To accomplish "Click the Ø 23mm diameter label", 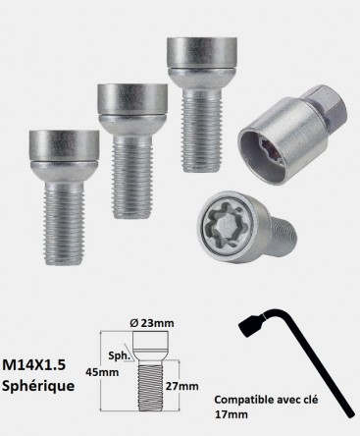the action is coord(152,323).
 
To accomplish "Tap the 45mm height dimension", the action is coord(102,372).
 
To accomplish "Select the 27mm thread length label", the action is coord(181,386).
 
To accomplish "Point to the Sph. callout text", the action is coord(120,355).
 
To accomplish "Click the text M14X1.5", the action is coord(33,364).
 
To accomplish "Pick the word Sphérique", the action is coord(38,386).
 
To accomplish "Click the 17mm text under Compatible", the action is coord(231,414).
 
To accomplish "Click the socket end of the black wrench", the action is coord(251,324).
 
